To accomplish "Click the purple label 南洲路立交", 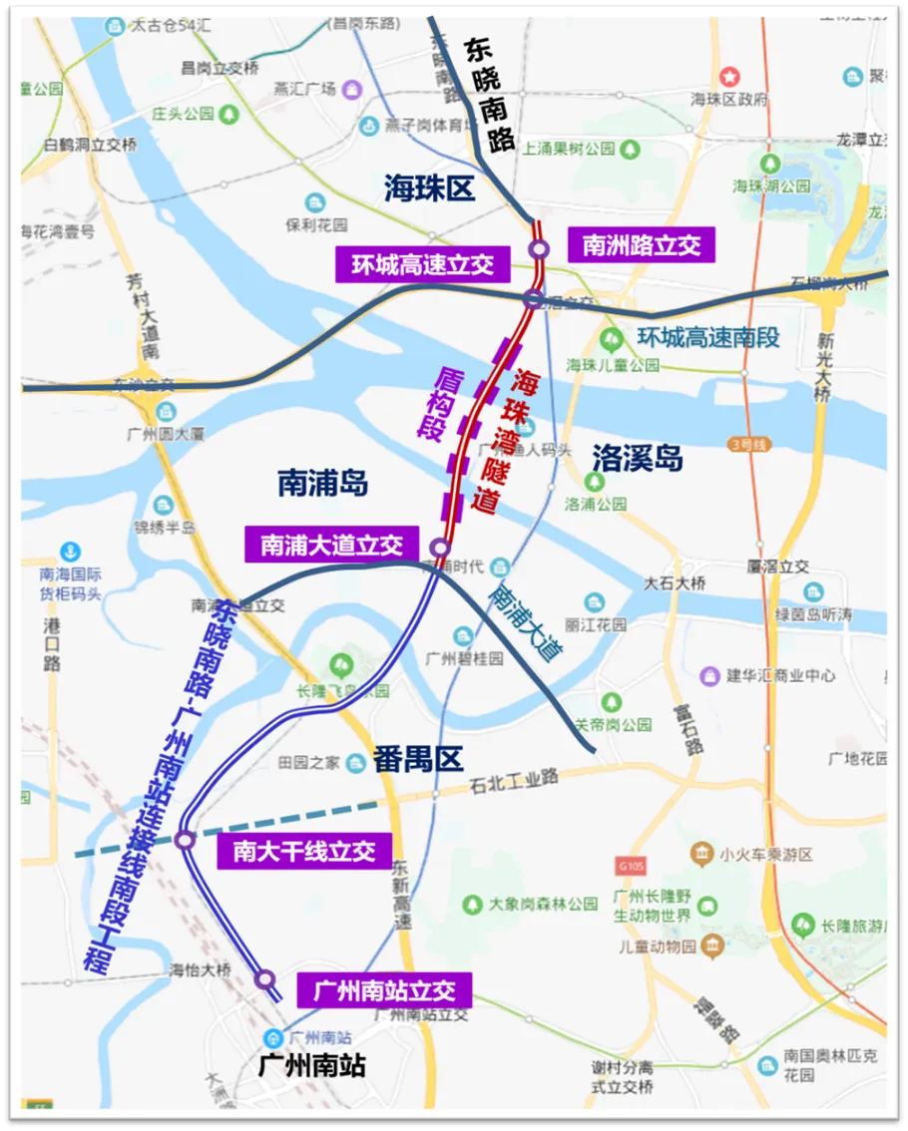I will point(641,245).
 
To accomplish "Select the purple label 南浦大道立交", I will point(331,545).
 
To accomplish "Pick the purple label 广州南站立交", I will point(384,990).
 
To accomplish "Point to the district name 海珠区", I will point(430,188).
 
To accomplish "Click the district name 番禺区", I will point(418,759).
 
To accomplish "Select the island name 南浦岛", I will point(322,484).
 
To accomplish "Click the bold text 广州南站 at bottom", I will point(311,1065).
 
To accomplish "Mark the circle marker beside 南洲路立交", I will point(540,248).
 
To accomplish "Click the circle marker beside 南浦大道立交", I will point(439,548).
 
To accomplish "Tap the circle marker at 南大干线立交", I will point(185,841).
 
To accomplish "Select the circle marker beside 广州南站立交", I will point(264,980).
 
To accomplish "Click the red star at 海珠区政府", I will point(730,75).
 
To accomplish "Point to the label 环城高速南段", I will point(708,337).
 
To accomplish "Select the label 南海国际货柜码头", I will point(71,583).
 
